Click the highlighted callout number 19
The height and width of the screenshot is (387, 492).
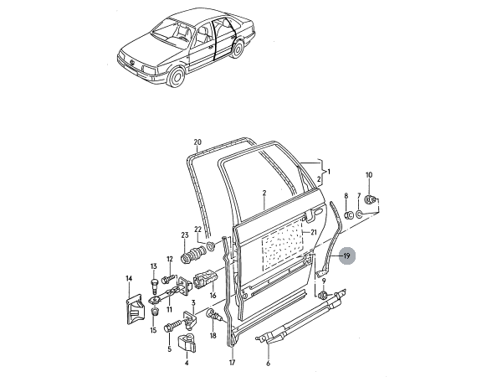pyautogui.click(x=346, y=256)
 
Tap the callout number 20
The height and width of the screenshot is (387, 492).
pyautogui.click(x=197, y=142)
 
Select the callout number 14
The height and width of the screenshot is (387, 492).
pyautogui.click(x=129, y=278)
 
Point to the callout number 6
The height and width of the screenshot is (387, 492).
pyautogui.click(x=268, y=364)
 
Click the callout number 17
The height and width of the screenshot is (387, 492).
pyautogui.click(x=232, y=363)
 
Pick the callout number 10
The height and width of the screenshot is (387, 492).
pyautogui.click(x=369, y=175)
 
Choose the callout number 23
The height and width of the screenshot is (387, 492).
pyautogui.click(x=185, y=235)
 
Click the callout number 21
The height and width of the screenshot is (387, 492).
pyautogui.click(x=314, y=232)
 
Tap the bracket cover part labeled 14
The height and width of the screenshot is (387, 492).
pyautogui.click(x=134, y=309)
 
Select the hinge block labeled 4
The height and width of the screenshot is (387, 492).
pyautogui.click(x=187, y=343)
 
